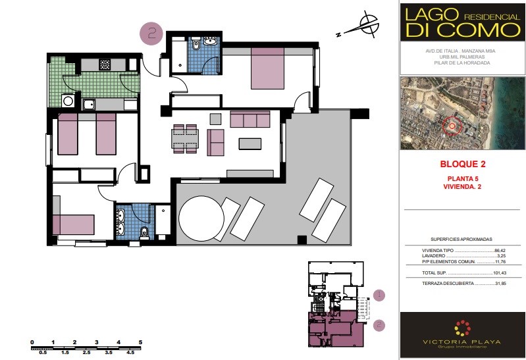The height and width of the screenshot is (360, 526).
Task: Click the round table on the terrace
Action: coord(201,219)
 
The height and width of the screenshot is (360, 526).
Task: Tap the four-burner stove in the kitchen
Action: coord(105,64)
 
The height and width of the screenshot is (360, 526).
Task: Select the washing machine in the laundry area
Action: coord(68,101)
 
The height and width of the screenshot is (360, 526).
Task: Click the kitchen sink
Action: coord(90,105)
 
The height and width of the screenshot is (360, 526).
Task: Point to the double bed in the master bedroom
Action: coord(268,68)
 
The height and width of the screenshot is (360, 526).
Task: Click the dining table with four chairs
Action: coord(185,139)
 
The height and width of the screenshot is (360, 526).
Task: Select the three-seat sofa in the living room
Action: coord(250,119)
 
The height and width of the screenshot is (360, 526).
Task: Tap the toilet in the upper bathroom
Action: coord(196,44)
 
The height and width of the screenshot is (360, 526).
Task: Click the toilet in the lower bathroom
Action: coord(144,232)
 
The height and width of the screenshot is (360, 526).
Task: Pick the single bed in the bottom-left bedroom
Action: coord(74,225)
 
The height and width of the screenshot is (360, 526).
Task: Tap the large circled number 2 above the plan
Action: coord(151,34)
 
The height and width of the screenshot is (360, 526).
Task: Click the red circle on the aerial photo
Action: coord(452,126)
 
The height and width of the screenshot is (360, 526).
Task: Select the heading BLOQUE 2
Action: coord(463,164)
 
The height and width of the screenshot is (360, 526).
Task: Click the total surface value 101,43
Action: coord(500,273)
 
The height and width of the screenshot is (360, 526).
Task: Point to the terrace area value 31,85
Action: coord(500,284)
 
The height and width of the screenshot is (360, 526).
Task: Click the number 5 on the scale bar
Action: coord(140,342)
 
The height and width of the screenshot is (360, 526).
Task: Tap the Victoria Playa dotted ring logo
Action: coord(463,328)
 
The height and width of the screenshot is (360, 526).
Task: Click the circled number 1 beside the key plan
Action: coord(379,296)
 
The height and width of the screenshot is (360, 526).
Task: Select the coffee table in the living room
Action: coord(250,144)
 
